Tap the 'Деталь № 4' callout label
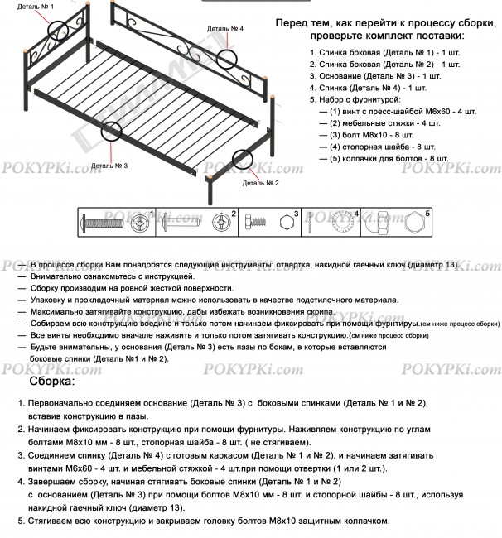[224, 28]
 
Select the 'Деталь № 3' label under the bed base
[109, 166]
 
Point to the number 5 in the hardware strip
[428, 214]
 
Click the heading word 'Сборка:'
[52, 382]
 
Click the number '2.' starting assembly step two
[21, 431]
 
